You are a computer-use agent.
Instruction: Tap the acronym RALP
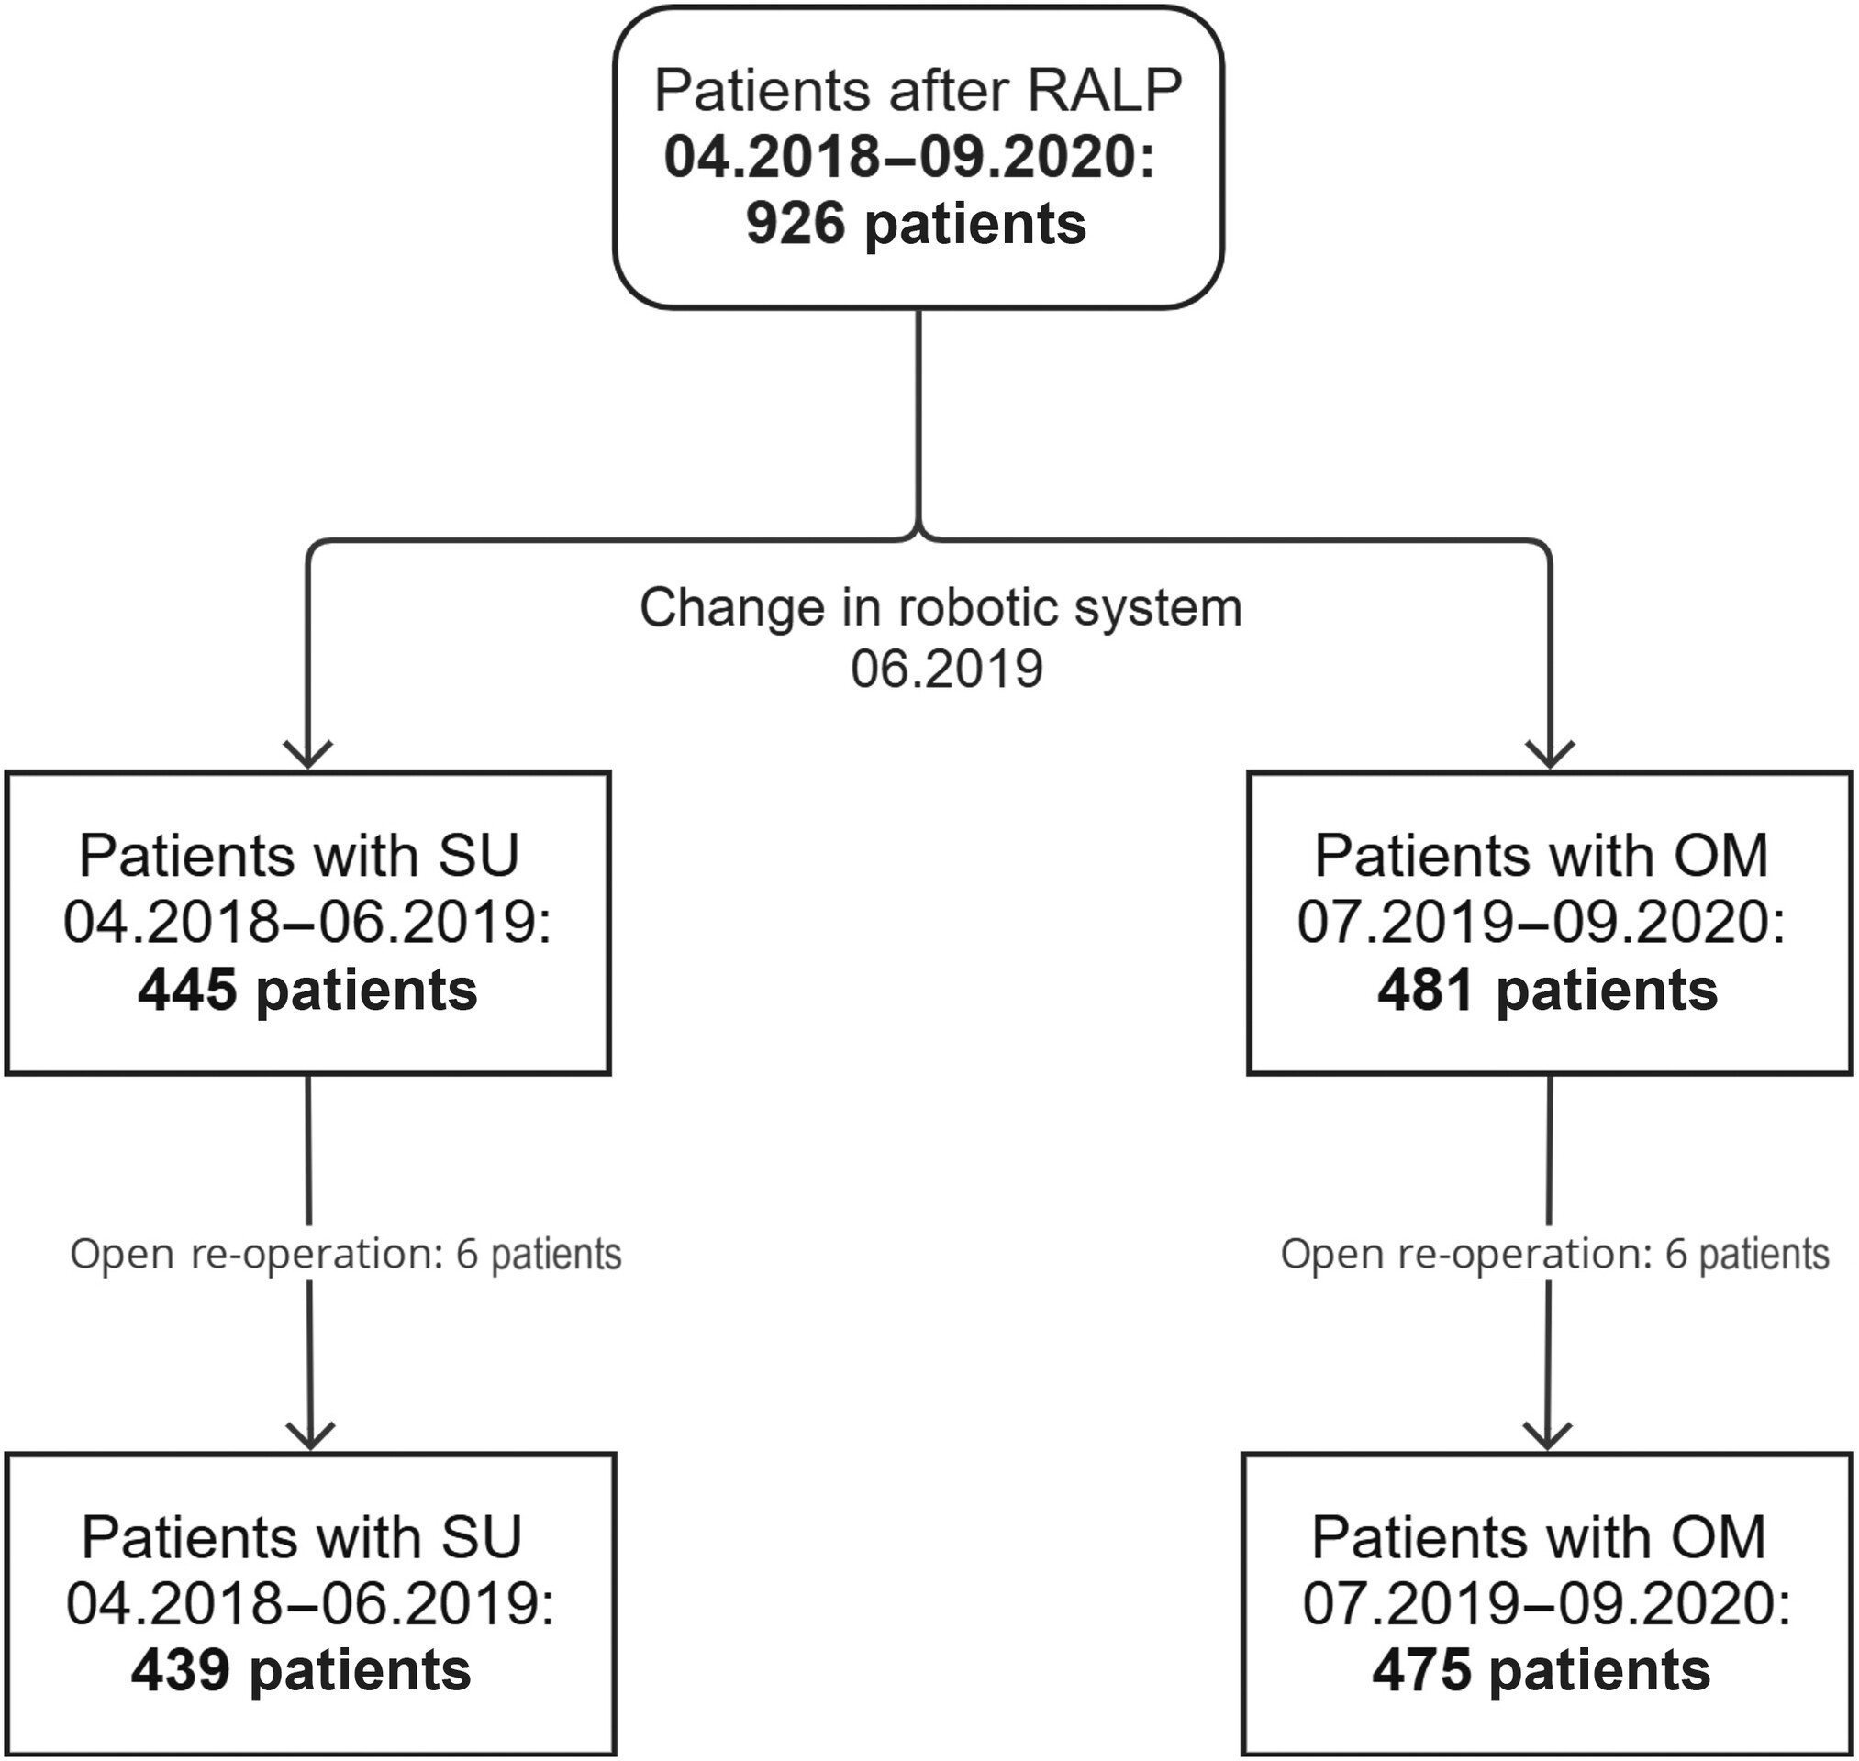pyautogui.click(x=1104, y=91)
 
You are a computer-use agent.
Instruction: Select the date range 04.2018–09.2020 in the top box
pyautogui.click(x=908, y=157)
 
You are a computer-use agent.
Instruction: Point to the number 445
pyautogui.click(x=187, y=991)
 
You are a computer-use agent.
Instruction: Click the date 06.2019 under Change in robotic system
pyautogui.click(x=946, y=670)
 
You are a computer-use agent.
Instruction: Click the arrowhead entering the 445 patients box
pyautogui.click(x=308, y=753)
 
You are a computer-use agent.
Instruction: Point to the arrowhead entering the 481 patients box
pyautogui.click(x=1549, y=753)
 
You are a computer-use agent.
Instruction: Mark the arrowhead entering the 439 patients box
pyautogui.click(x=310, y=1434)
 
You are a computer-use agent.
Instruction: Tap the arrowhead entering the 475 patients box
pyautogui.click(x=1546, y=1434)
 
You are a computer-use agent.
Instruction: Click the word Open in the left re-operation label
pyautogui.click(x=122, y=1256)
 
